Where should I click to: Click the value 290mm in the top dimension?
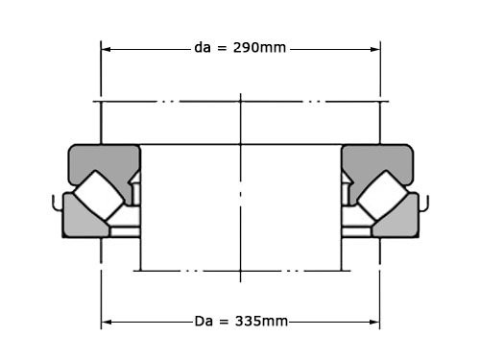click(x=259, y=48)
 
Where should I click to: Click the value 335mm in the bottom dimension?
click(x=261, y=321)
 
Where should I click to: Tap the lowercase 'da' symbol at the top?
click(x=203, y=48)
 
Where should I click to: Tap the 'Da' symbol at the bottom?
click(x=204, y=321)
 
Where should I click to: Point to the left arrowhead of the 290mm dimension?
click(x=106, y=49)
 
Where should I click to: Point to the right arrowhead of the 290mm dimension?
click(x=375, y=49)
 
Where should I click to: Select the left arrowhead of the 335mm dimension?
click(x=107, y=322)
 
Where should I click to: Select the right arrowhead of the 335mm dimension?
click(x=374, y=322)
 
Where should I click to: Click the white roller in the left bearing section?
click(x=99, y=195)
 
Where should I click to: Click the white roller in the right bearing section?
click(x=382, y=195)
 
